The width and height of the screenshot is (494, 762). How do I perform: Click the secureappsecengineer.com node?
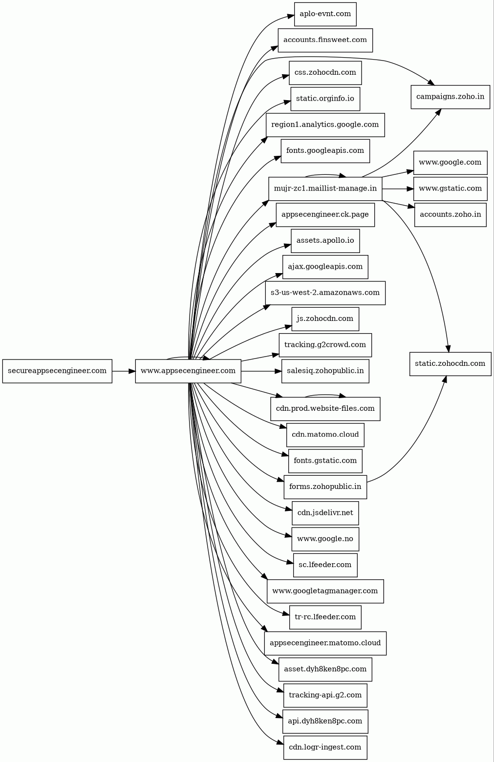pyautogui.click(x=57, y=371)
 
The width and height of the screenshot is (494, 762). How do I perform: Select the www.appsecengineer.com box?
pyautogui.click(x=188, y=371)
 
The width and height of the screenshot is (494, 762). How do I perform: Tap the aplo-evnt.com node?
pyautogui.click(x=325, y=14)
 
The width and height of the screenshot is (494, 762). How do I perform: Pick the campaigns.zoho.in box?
pyautogui.click(x=450, y=97)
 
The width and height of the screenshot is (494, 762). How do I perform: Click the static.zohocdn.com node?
pyautogui.click(x=450, y=364)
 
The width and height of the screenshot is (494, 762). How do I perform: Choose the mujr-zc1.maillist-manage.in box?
pyautogui.click(x=325, y=189)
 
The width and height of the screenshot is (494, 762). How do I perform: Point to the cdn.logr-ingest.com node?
pyautogui.click(x=325, y=747)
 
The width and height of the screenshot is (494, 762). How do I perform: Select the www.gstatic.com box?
pyautogui.click(x=450, y=189)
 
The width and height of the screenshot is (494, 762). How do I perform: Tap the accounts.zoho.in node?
pyautogui.click(x=450, y=214)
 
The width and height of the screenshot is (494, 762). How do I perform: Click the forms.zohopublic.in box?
pyautogui.click(x=325, y=487)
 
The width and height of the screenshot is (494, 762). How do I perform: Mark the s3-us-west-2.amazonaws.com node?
pyautogui.click(x=325, y=293)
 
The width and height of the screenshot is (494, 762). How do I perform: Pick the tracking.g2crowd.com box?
pyautogui.click(x=325, y=345)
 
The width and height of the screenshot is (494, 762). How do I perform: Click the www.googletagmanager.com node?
pyautogui.click(x=325, y=592)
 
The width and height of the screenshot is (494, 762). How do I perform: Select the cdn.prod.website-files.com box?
pyautogui.click(x=325, y=409)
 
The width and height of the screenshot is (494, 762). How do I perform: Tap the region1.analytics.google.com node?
pyautogui.click(x=325, y=125)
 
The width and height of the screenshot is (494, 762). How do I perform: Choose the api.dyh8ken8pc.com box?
pyautogui.click(x=325, y=721)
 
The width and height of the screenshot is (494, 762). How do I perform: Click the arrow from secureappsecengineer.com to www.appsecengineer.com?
pyautogui.click(x=124, y=371)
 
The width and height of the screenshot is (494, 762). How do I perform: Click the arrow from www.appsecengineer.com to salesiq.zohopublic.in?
pyautogui.click(x=261, y=371)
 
